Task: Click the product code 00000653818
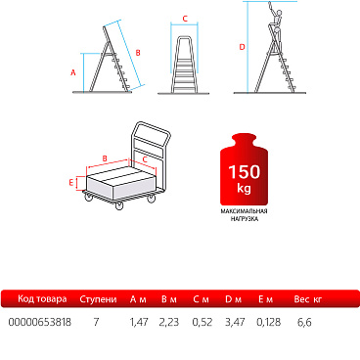point(40,322)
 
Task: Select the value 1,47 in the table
point(139,322)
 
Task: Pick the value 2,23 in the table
point(169,322)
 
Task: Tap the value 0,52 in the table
point(202,322)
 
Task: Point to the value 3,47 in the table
point(235,322)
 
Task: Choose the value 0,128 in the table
point(268,322)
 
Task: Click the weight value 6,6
point(304,322)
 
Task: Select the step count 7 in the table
point(96,322)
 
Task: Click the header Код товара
point(42,299)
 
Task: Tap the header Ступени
point(98,299)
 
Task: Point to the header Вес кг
point(308,299)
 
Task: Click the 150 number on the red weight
point(245,172)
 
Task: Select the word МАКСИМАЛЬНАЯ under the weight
point(244,211)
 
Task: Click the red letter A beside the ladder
point(73,72)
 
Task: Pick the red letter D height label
point(242,47)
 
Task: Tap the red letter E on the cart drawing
point(71,183)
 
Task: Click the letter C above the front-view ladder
point(185,19)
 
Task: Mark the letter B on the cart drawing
point(105,158)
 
